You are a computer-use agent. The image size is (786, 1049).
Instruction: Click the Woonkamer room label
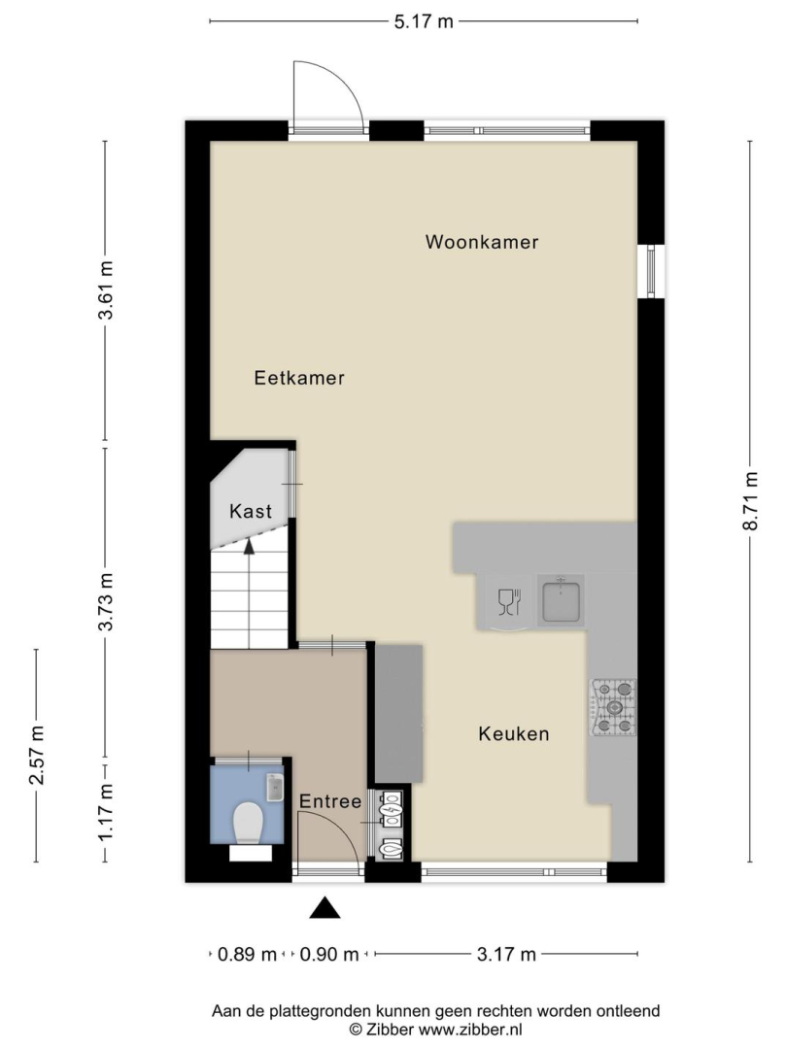[482, 242]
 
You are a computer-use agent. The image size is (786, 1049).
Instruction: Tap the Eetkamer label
[299, 378]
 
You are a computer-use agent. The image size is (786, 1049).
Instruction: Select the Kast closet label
[251, 511]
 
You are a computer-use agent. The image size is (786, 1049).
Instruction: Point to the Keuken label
[514, 734]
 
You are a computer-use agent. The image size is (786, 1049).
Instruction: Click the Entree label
[329, 801]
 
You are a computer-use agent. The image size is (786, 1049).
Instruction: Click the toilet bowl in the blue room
[248, 823]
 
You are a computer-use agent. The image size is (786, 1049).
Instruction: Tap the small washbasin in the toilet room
[275, 788]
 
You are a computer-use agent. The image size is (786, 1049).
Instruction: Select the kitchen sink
[561, 601]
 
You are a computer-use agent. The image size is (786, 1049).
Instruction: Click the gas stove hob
[613, 707]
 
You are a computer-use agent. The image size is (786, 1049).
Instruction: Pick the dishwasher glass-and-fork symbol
[510, 601]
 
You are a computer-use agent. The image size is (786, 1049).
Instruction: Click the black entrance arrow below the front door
[325, 907]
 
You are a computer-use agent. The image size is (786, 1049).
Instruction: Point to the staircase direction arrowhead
[249, 546]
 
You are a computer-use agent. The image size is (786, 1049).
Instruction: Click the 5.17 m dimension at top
[424, 21]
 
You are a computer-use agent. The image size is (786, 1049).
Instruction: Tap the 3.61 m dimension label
[106, 290]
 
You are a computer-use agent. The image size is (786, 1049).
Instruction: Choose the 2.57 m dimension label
[37, 755]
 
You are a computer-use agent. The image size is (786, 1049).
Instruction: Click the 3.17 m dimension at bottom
[506, 954]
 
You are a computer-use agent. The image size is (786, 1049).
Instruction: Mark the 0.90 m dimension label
[329, 954]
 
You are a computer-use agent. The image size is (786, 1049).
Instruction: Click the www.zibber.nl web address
[470, 1029]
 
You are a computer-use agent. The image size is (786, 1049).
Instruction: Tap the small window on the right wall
[651, 271]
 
